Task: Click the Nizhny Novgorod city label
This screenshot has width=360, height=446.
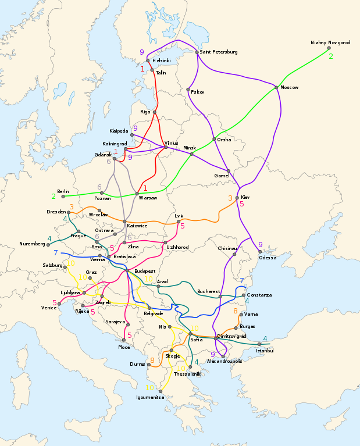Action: (330, 42)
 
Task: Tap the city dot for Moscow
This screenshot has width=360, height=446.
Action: (276, 87)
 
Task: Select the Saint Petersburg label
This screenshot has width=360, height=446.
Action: (219, 52)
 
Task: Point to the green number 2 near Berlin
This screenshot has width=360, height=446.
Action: (54, 196)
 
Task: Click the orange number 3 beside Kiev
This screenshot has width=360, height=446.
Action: (230, 198)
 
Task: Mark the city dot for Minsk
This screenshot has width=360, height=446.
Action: (192, 154)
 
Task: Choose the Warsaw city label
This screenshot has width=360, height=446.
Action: (148, 198)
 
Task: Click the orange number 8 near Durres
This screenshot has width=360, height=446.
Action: (152, 361)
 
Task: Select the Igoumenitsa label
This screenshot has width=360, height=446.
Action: (150, 398)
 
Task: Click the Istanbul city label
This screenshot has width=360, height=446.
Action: (265, 351)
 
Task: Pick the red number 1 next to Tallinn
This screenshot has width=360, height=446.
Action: (142, 69)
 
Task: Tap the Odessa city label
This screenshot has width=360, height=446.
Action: (268, 257)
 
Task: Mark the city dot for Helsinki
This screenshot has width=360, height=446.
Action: (148, 60)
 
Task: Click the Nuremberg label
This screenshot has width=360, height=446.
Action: (32, 244)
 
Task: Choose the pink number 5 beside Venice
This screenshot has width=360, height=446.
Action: (54, 302)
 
